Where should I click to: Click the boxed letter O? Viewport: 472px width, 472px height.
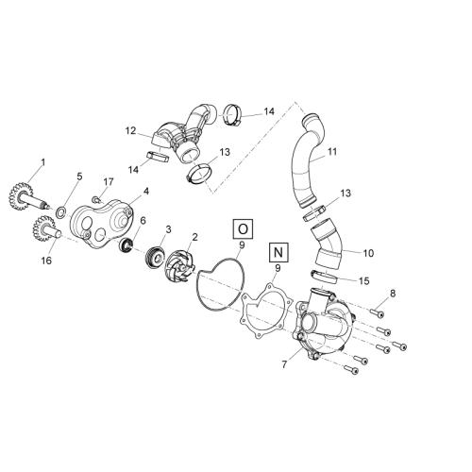coord(243,229)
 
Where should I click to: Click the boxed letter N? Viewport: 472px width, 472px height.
coord(278,252)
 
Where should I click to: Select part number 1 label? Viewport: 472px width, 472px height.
coord(43,162)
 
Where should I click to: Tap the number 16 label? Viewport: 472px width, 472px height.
coord(46,261)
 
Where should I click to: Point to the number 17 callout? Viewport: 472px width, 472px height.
coord(109,182)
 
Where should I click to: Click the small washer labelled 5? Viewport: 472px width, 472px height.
coord(61,211)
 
